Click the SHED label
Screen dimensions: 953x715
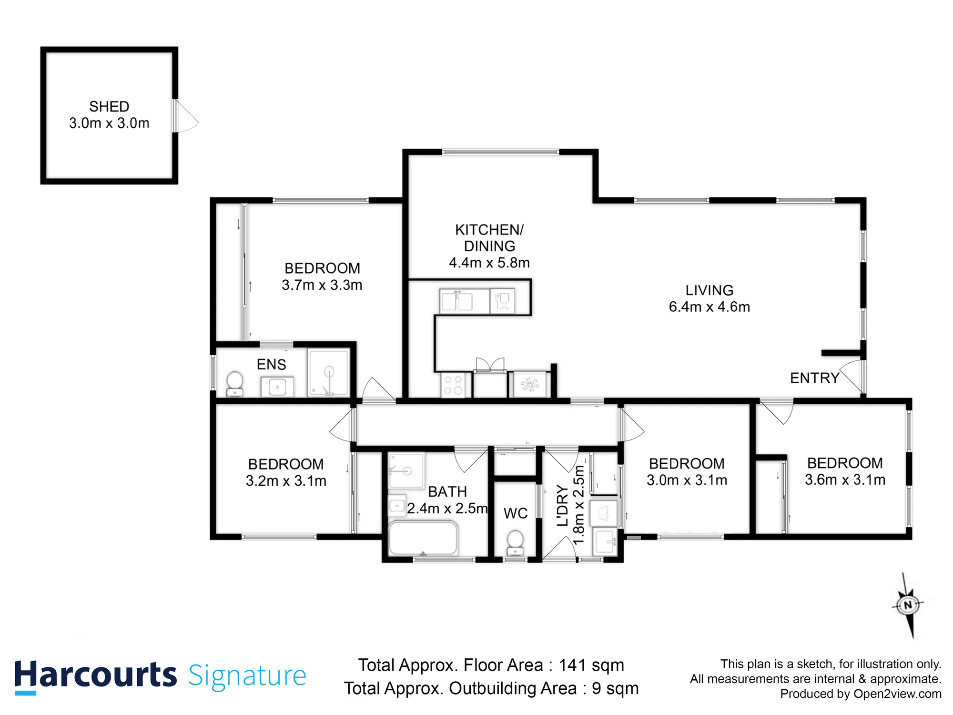[x=109, y=106]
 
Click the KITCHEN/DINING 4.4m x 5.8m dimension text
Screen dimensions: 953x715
[x=489, y=263]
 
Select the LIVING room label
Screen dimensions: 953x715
[x=709, y=290]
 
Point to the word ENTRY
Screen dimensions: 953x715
[x=815, y=378]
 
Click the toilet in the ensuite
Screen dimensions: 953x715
[x=234, y=384]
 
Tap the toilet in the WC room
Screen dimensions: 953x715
[x=515, y=543]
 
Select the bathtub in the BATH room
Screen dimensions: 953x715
[x=423, y=539]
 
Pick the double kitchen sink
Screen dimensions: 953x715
[x=457, y=301]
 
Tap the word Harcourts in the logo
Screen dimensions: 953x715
[x=95, y=676]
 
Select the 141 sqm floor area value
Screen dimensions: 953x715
[x=591, y=665]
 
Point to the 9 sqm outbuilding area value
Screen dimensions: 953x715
[x=615, y=689]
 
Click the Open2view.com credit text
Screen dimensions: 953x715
[x=898, y=694]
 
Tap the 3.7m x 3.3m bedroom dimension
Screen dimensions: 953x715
[x=322, y=285]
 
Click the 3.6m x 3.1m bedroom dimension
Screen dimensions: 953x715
[x=845, y=480]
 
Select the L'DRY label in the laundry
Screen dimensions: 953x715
[x=563, y=506]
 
